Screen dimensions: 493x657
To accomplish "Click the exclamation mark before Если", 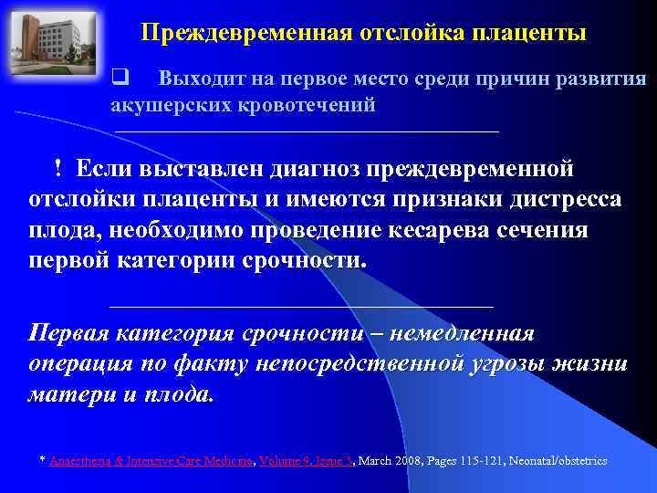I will tap(57, 169).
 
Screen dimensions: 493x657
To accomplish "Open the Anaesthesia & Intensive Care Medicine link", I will tap(151, 461).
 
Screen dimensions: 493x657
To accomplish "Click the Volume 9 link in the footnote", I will tap(285, 461).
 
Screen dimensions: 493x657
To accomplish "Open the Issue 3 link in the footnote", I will tap(333, 461).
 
